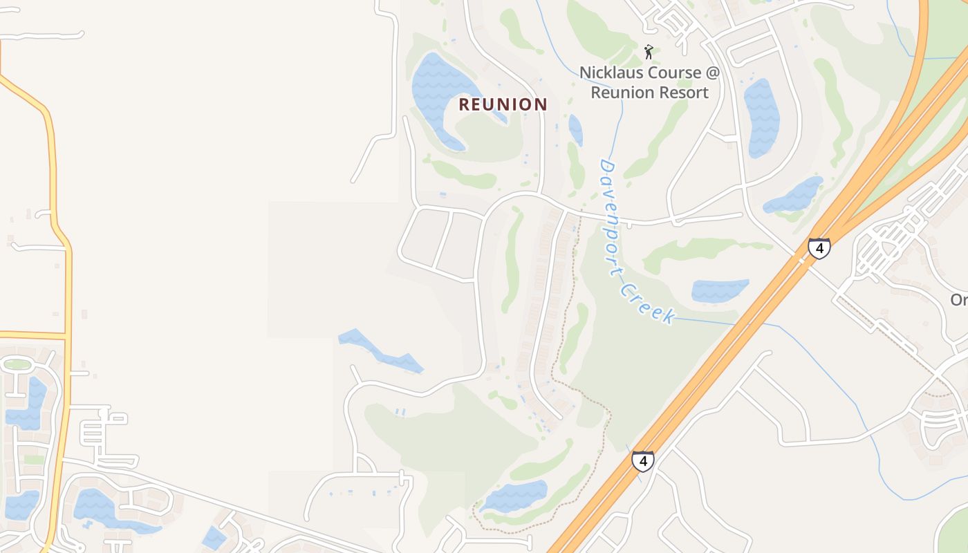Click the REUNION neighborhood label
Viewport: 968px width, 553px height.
point(503,104)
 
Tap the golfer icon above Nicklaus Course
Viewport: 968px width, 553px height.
point(649,52)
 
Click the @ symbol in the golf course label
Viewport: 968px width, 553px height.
point(711,73)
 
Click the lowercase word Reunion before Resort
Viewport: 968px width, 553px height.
point(622,93)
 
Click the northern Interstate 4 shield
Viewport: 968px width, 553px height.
point(819,247)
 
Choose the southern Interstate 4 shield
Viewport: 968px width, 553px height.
point(642,460)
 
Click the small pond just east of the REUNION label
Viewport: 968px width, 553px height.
point(575,129)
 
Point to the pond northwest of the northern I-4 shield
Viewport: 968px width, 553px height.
point(794,196)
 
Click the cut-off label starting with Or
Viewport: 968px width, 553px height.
point(958,300)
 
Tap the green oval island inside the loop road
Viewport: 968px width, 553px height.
point(17,364)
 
